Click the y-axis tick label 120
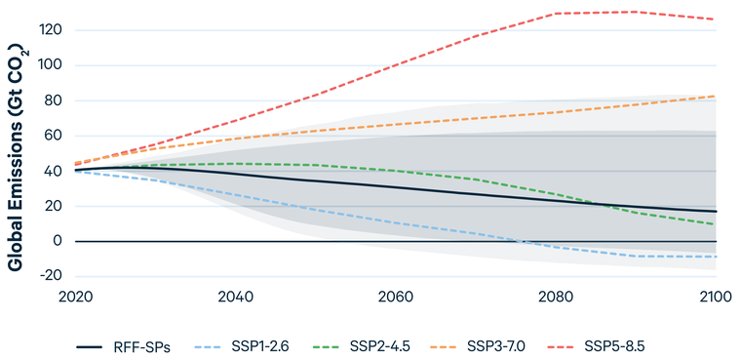(x=52, y=30)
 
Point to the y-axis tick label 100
(x=52, y=65)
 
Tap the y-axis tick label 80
(x=54, y=100)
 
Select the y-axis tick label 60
(x=54, y=136)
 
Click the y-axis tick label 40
(x=54, y=171)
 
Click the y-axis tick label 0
(x=58, y=241)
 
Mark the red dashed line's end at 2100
(x=715, y=20)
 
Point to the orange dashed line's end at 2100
(x=715, y=97)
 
